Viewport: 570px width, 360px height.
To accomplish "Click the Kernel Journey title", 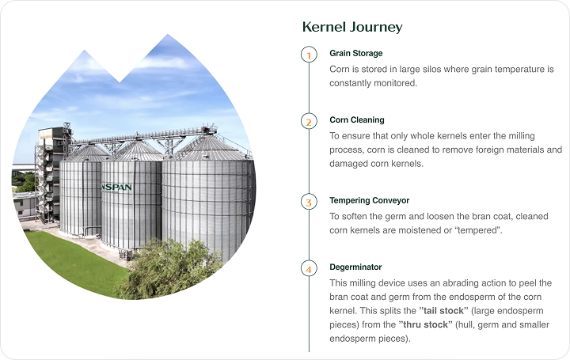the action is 352,27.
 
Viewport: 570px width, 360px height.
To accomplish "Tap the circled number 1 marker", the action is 309,55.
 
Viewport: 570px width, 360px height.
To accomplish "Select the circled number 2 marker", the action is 309,121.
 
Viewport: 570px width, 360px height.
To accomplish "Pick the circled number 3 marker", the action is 309,202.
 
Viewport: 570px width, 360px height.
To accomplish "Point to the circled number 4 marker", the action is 309,269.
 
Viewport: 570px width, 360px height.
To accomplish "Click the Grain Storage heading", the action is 356,53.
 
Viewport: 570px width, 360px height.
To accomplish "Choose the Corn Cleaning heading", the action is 356,120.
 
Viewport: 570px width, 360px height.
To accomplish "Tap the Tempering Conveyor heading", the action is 370,200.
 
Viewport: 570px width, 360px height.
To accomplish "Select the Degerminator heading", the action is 355,267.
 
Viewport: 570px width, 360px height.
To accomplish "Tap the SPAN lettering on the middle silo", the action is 117,188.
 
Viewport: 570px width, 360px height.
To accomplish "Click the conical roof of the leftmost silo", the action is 87,153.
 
